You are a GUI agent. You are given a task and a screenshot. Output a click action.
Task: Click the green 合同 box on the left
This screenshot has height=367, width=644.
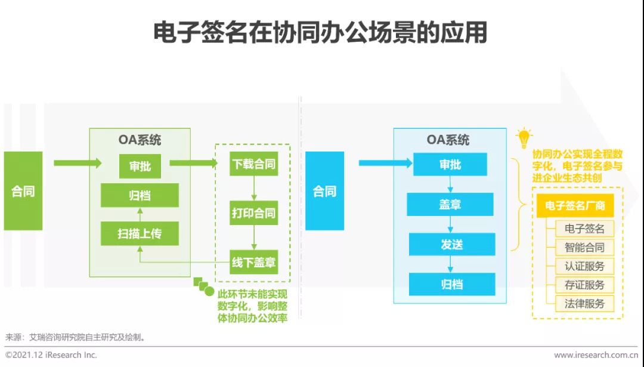point(23,191)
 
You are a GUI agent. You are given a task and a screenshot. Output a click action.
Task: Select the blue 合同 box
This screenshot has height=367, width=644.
point(324,191)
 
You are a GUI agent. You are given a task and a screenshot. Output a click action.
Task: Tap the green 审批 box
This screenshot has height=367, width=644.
point(140,166)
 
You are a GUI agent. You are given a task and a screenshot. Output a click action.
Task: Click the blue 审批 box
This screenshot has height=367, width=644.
point(450,165)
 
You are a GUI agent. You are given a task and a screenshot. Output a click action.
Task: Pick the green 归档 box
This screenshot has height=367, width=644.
point(140,195)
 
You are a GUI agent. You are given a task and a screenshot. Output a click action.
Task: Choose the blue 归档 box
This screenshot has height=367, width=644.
point(451,284)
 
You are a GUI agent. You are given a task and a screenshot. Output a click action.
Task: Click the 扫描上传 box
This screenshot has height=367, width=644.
point(140,233)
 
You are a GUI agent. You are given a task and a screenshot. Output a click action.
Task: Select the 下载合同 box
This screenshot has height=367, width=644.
point(253,164)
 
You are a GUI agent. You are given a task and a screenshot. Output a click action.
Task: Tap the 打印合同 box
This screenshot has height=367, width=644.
point(253,212)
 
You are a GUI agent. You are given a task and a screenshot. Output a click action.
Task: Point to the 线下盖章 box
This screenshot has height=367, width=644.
point(253,262)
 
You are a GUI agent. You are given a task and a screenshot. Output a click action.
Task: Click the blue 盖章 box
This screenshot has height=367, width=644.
point(450,204)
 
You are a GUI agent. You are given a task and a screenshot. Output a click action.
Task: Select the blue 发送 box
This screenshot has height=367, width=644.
point(451,244)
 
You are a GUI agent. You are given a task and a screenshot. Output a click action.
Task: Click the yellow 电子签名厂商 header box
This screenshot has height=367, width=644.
point(575,206)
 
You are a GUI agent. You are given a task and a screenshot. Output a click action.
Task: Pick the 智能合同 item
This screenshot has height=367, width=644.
point(584,247)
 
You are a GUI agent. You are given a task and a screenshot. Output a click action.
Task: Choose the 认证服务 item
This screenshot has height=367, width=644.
point(584,266)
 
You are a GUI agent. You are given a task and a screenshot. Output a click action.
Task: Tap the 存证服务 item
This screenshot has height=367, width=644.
point(584,285)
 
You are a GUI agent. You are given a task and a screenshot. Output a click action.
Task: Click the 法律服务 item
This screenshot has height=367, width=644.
point(584,303)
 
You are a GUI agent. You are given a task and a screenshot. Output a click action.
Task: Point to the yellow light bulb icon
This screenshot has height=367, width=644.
point(524,138)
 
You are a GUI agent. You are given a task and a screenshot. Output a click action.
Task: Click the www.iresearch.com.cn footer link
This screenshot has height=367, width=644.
point(595,355)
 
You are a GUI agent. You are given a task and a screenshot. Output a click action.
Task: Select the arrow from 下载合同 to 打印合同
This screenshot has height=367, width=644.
point(254,188)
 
